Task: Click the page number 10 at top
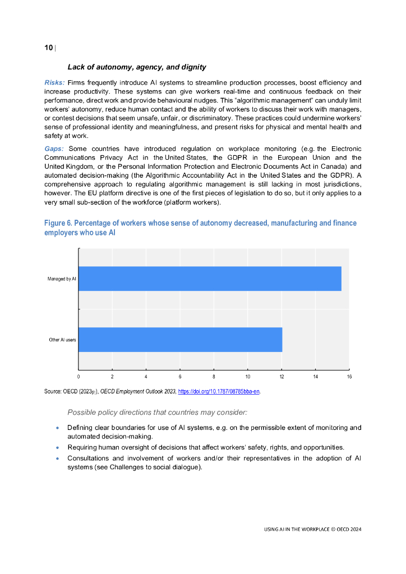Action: click(x=48, y=48)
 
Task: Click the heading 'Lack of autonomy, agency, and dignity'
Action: click(x=137, y=67)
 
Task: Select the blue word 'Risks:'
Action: click(x=54, y=82)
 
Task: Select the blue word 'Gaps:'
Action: click(x=54, y=149)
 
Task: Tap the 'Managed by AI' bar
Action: click(x=210, y=279)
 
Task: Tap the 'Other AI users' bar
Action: click(x=180, y=340)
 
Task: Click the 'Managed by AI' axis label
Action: click(x=62, y=279)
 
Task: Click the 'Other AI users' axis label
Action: click(x=62, y=340)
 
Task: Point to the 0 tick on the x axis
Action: click(x=79, y=377)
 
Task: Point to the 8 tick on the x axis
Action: click(x=214, y=377)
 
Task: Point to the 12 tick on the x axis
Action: click(x=282, y=377)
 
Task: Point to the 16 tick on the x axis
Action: click(x=349, y=377)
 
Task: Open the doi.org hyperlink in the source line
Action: click(x=218, y=391)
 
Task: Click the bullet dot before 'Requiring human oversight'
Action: click(x=58, y=447)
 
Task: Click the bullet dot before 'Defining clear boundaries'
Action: click(x=58, y=428)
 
